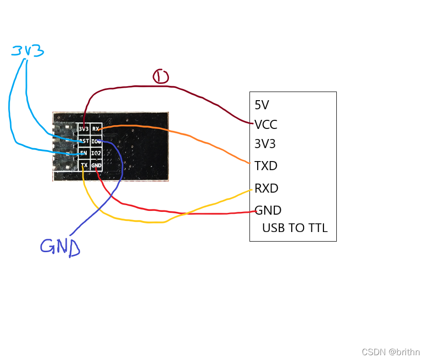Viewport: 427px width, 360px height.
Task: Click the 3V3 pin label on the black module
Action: tap(84, 129)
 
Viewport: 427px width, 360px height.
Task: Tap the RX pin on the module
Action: tap(96, 129)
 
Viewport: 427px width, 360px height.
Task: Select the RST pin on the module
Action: tap(84, 141)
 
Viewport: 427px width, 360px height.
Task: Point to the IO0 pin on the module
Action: tap(96, 141)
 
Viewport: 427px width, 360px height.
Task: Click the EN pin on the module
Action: tap(84, 153)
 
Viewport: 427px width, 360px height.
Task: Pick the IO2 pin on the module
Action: tap(96, 153)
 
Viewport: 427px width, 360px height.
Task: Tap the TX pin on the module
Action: tap(84, 165)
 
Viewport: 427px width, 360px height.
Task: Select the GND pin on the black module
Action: tap(96, 165)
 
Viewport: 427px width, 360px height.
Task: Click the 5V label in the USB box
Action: tap(262, 105)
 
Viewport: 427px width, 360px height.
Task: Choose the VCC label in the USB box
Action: tap(266, 125)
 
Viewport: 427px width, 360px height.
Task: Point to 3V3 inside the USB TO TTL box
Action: tap(265, 144)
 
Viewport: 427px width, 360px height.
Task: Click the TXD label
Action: tap(266, 166)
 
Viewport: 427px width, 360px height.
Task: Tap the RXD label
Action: tap(266, 188)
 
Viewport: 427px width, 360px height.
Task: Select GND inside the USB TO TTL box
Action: tap(268, 210)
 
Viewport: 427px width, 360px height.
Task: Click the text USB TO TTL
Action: tap(295, 228)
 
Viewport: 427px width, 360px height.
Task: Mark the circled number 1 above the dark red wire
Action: tap(161, 76)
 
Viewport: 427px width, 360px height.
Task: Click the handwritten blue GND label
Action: tap(60, 246)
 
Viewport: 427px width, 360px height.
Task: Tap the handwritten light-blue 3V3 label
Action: tap(28, 50)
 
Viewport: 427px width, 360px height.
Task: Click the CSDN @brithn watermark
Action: tap(391, 352)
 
